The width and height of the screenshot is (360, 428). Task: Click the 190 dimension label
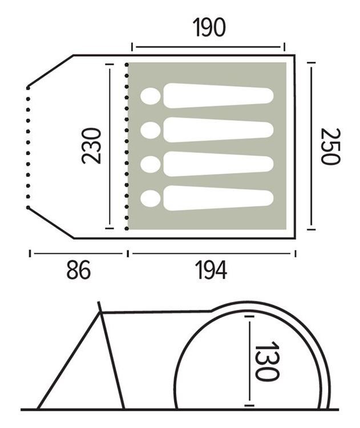pos(209,27)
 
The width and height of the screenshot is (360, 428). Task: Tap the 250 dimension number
pos(330,146)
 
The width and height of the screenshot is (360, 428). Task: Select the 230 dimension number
pos(91,146)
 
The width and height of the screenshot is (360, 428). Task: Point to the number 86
pos(78,270)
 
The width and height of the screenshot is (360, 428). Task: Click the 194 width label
pos(211,270)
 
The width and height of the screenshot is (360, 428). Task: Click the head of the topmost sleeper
pos(151,96)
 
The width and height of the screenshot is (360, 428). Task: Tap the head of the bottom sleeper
pos(151,199)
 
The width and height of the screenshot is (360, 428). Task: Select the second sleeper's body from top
pos(219,130)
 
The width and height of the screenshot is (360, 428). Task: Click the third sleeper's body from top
pos(219,164)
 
